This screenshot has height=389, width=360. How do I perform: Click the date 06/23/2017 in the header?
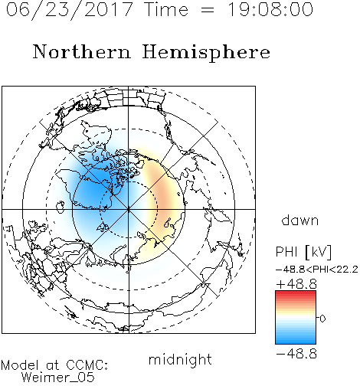pos(70,9)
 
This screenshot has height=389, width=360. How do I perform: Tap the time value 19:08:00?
pos(270,9)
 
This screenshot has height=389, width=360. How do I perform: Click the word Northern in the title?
pos(82,51)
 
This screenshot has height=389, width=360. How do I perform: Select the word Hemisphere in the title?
pos(206,53)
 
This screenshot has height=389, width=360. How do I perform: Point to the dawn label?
pos(300,220)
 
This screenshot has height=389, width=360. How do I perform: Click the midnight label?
pos(180,360)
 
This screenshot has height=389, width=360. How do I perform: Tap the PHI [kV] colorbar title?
pos(303,252)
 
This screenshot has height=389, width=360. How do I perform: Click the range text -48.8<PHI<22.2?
pos(316,270)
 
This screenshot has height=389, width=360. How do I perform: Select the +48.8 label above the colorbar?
pos(296,284)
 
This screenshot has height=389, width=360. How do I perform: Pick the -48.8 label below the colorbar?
pos(296,354)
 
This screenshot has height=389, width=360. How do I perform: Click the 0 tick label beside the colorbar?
pos(322,319)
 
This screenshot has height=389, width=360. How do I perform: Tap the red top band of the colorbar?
pos(296,293)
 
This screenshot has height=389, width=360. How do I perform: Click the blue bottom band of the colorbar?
pos(296,342)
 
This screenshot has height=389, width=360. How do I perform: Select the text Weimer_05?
pos(58,378)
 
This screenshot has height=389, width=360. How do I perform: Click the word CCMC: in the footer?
pos(87,365)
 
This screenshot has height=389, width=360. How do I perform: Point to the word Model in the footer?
pos(20,365)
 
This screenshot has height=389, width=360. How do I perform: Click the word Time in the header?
pos(166,9)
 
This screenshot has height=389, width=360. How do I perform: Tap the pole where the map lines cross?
pos(129,209)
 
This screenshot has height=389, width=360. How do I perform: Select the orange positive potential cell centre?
pos(163,194)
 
